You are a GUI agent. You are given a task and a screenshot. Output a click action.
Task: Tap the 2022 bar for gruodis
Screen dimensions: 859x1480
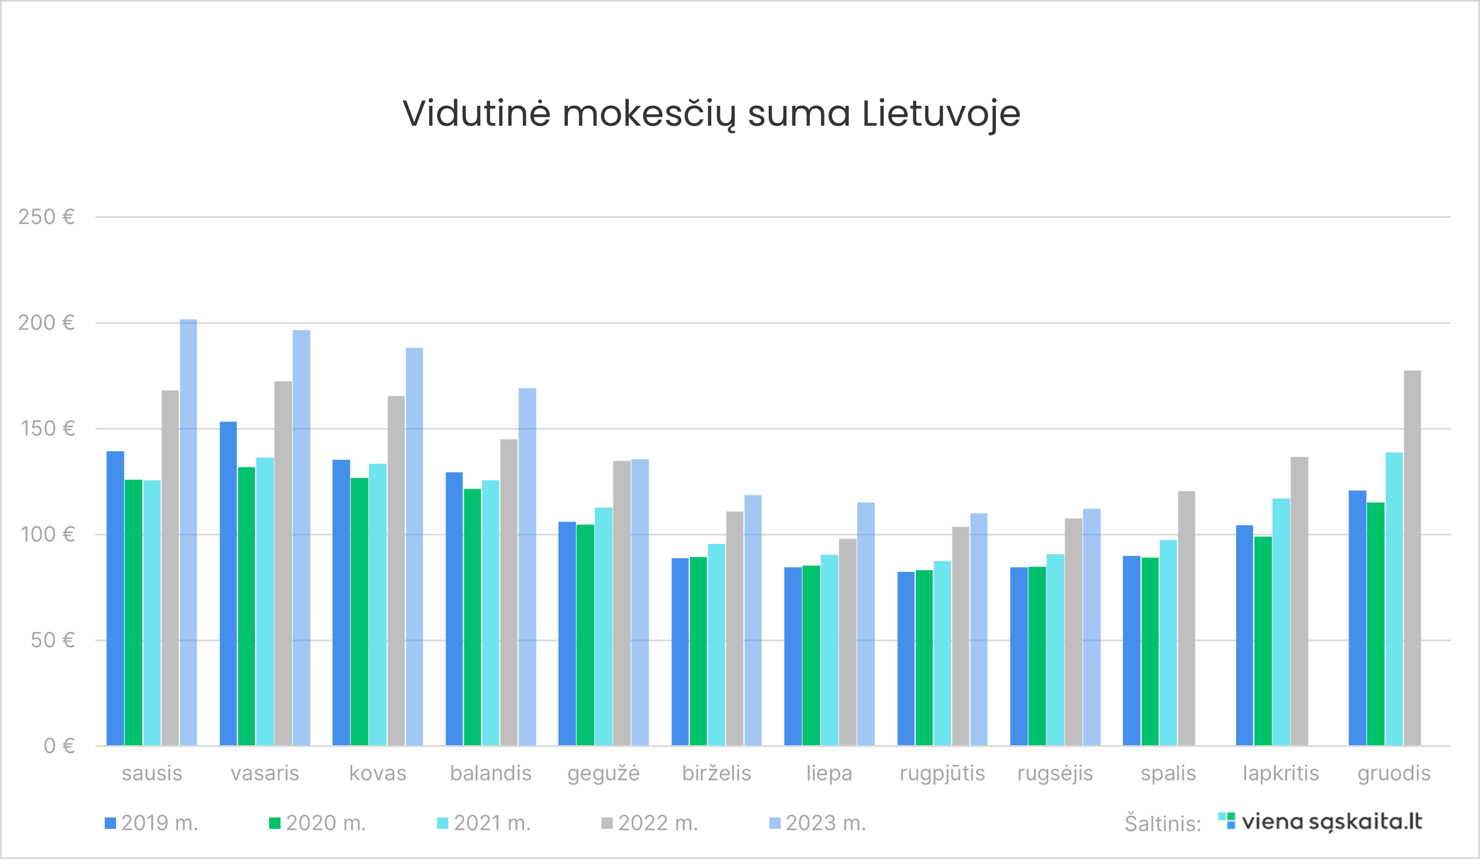coord(1412,558)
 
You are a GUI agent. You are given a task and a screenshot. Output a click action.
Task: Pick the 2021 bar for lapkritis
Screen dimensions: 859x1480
coord(1281,622)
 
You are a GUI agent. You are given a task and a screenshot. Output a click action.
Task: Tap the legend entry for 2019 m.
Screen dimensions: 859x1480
coord(151,823)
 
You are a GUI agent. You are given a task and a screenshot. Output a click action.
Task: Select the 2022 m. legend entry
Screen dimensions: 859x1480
coord(650,823)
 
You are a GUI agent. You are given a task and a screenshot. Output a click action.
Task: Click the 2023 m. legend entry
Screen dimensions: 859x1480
coord(818,823)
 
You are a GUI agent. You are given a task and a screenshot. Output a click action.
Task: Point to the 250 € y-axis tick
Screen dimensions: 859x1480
coord(47,217)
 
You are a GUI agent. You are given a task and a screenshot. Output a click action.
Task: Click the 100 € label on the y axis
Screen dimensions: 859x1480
coord(48,534)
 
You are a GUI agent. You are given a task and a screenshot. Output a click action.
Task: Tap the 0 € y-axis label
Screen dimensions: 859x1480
coord(59,746)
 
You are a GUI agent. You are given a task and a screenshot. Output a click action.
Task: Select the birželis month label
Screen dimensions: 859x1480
coord(716,773)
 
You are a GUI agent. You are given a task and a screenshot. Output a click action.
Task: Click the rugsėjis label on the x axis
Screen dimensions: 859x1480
coord(1055,773)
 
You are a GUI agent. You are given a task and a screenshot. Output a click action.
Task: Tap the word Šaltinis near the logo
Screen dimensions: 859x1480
coord(1162,824)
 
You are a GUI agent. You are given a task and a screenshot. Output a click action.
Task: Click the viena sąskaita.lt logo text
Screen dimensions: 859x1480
coord(1332,821)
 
